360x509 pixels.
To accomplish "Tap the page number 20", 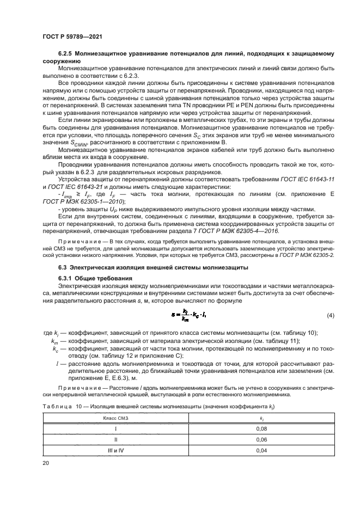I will pos(46,462).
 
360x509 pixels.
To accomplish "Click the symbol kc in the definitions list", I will pos(55,348).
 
